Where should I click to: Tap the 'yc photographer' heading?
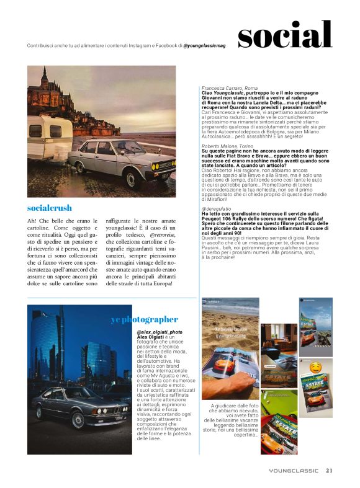(145, 319)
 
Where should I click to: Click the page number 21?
(329, 471)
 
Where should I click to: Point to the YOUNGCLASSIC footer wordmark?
(294, 471)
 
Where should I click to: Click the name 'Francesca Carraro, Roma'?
(230, 89)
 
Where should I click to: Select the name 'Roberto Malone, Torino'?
(228, 146)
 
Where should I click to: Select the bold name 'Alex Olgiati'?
(152, 338)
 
